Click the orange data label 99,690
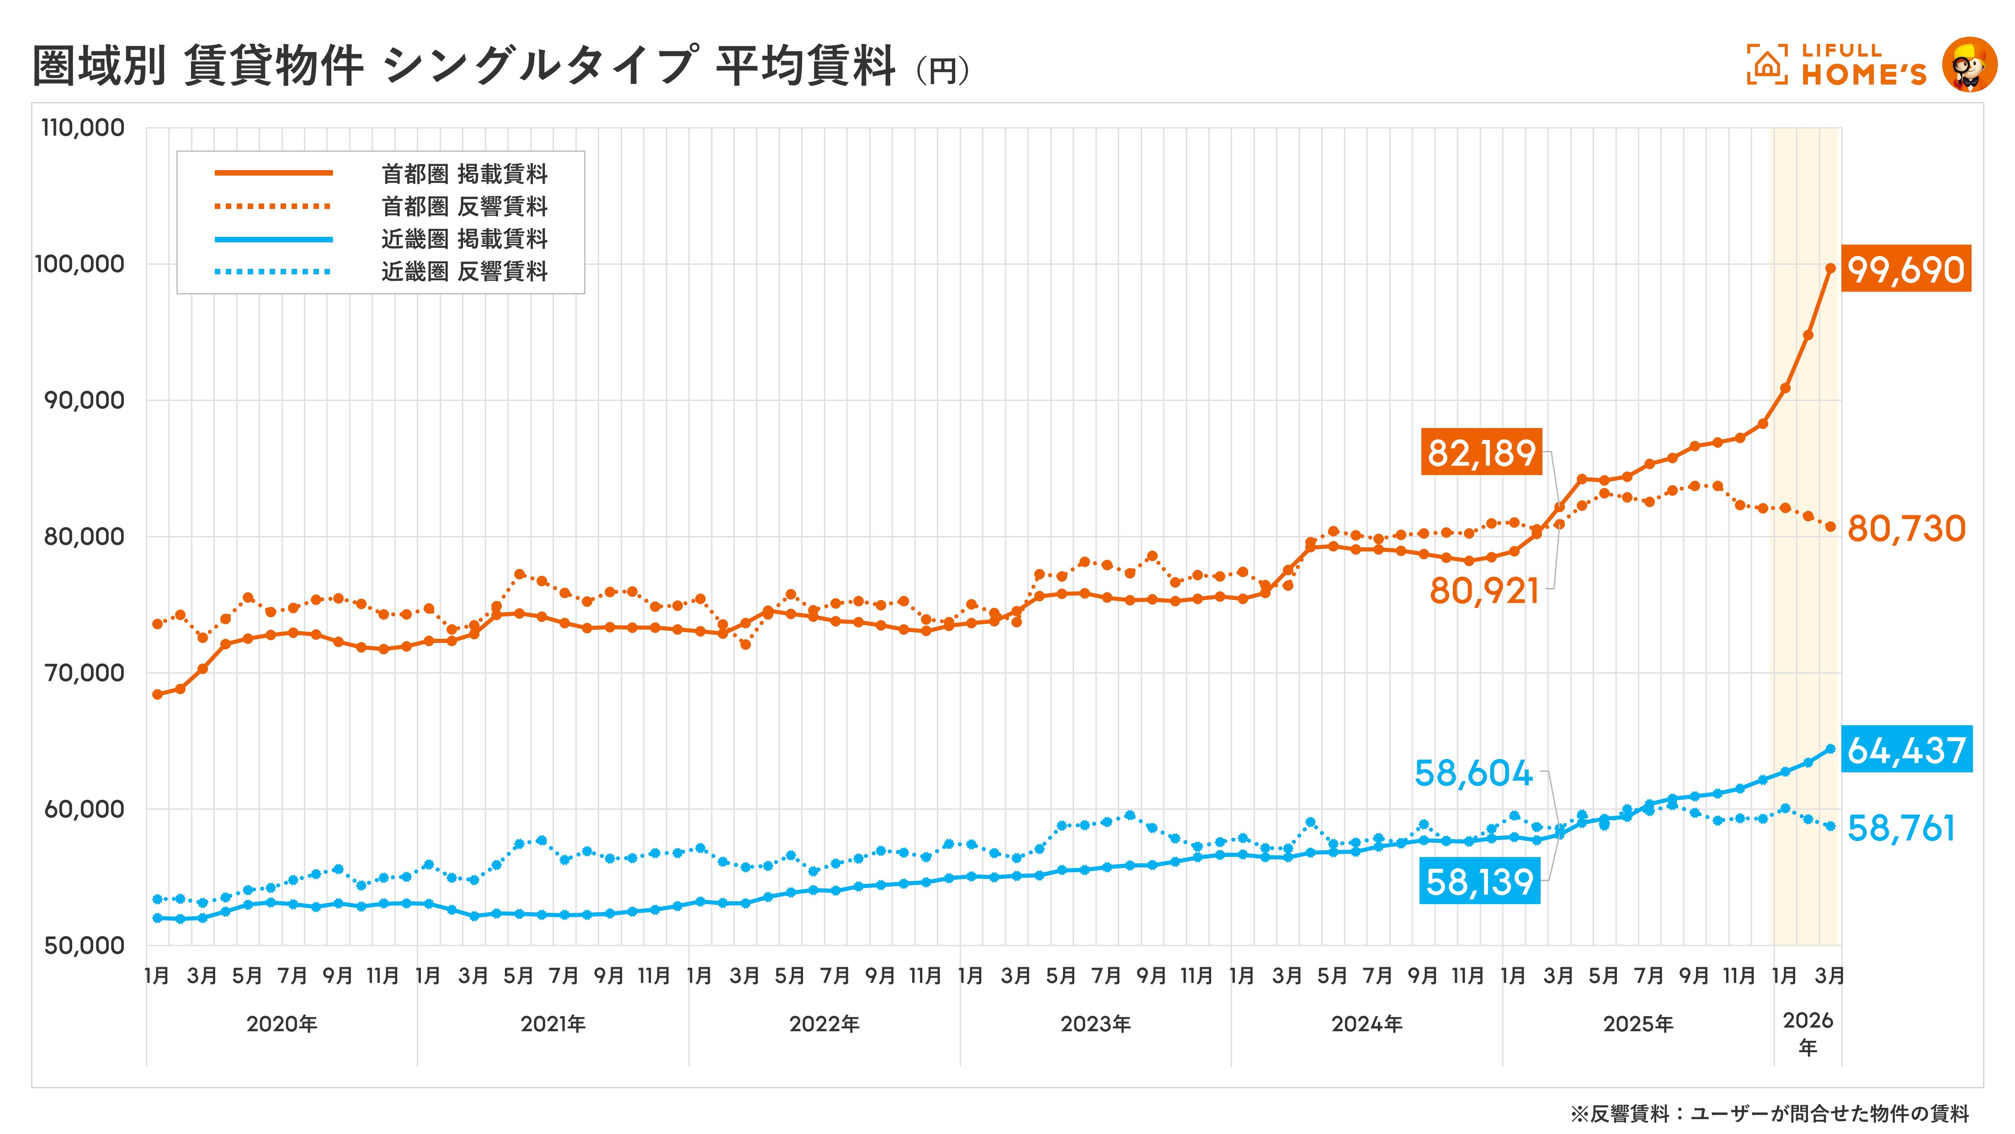pos(1905,269)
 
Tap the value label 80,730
pos(1905,529)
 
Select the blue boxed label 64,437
pos(1905,750)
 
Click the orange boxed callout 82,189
pos(1481,452)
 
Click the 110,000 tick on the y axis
pos(83,128)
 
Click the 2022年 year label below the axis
pos(824,1024)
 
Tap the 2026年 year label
pos(1807,1033)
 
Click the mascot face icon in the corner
pos(1969,64)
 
